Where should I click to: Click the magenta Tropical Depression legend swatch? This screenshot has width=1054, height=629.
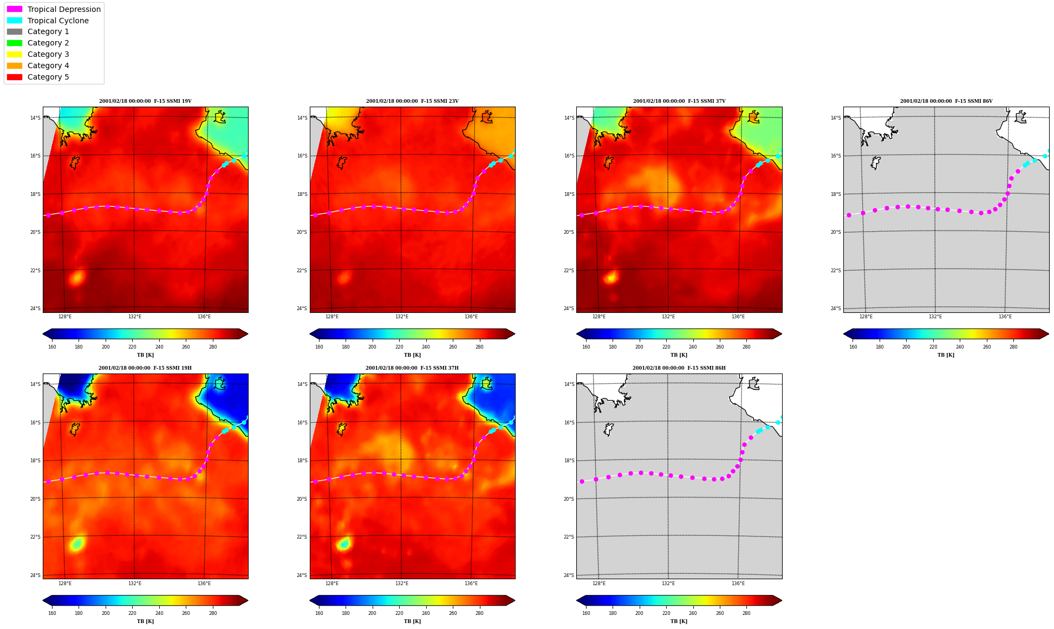15,9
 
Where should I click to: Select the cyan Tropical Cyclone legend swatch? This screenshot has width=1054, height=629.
15,21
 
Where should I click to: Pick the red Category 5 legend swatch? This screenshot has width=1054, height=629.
15,77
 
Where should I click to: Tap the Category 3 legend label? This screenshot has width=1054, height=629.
48,54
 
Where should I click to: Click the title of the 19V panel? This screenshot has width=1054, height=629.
145,101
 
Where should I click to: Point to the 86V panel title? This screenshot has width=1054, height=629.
946,101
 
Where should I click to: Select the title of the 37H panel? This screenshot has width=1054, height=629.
412,368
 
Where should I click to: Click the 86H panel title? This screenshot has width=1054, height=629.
679,368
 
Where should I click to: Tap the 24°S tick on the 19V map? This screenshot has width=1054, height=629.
35,309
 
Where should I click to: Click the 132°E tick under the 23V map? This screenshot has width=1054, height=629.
401,317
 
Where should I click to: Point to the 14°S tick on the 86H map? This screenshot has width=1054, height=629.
569,384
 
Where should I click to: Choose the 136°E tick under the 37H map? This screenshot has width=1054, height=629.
471,584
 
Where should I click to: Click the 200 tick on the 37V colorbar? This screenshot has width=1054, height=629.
639,347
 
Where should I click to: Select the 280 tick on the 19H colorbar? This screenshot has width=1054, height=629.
213,613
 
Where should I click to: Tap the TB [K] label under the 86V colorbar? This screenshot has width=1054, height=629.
946,355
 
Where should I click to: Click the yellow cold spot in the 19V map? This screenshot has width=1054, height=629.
76,278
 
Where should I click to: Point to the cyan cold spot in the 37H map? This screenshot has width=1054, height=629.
344,543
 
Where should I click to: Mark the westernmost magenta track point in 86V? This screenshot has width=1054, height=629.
849,215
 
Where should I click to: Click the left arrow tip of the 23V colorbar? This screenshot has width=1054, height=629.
310,334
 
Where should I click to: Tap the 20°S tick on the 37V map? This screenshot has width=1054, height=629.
569,232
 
